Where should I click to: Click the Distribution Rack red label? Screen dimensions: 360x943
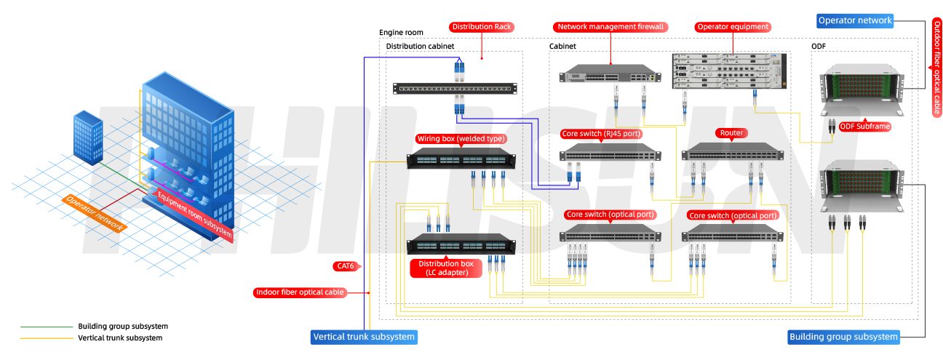click(482, 27)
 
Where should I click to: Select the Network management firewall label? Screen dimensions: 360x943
click(610, 27)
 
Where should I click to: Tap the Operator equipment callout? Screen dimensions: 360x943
click(733, 27)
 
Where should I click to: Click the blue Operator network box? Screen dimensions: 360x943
click(854, 20)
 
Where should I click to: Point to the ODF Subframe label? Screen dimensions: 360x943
click(865, 127)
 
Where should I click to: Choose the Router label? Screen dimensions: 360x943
click(731, 133)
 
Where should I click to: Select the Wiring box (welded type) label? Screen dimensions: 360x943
click(461, 139)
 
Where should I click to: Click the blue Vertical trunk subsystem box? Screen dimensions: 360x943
click(364, 337)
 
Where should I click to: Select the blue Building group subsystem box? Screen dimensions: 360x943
click(844, 337)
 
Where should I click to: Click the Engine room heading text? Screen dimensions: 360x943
click(401, 33)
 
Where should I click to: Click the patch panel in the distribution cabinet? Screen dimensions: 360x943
click(455, 89)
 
